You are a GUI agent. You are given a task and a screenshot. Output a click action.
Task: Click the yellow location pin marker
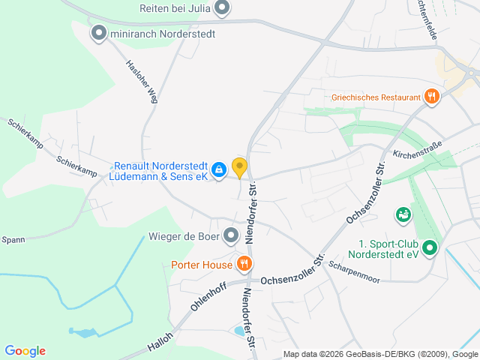pos(239,167)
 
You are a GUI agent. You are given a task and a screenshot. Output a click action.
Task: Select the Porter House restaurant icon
pos(244,264)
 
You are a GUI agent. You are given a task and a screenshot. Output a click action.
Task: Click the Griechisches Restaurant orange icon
pos(431,96)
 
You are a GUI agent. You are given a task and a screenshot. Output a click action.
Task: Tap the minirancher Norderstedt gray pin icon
pos(98,32)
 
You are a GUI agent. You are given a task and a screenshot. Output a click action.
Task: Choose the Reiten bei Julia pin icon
pos(222,9)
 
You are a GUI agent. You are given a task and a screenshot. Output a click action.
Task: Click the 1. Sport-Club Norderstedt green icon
pos(429,247)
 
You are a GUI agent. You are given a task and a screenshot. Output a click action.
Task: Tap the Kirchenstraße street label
pos(418,148)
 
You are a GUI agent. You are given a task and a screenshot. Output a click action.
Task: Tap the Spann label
pos(13,240)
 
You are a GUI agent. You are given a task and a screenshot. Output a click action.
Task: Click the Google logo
pos(25,351)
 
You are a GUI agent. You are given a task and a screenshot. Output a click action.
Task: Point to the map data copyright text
pos(380,354)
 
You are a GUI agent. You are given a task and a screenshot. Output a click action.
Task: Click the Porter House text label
pos(201,264)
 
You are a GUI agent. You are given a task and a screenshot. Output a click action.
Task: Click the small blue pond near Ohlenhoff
pos(239,330)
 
